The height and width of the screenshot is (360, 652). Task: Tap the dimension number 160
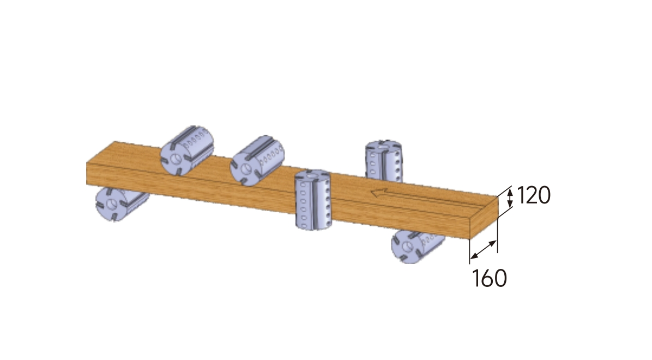point(490,278)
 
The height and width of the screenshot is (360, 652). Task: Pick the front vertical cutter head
point(313,199)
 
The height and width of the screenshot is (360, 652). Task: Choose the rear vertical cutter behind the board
point(383,161)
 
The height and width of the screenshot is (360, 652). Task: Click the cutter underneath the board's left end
point(120,203)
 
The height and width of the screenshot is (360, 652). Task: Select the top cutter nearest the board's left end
point(186,150)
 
